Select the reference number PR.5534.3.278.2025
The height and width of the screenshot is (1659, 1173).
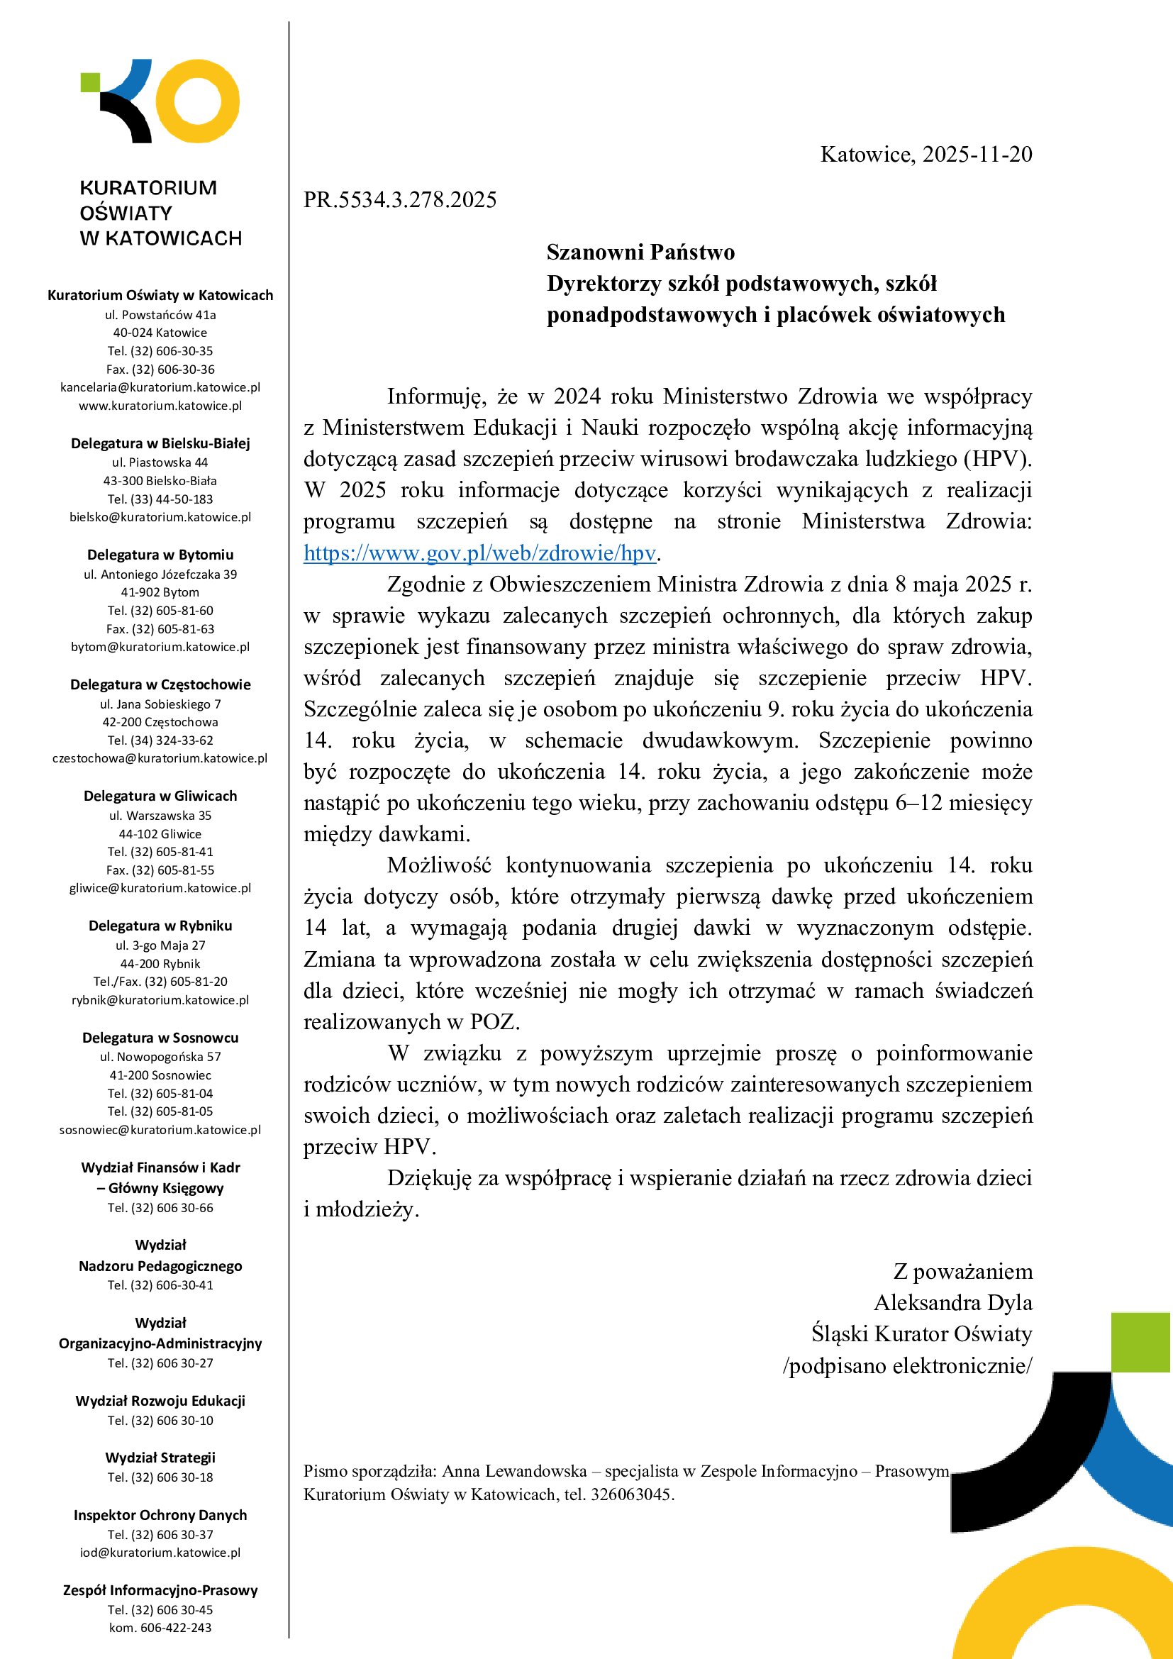[399, 200]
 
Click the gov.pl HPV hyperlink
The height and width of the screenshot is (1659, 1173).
[479, 553]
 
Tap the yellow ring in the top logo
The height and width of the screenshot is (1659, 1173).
[197, 101]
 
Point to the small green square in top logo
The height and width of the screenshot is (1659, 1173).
[89, 82]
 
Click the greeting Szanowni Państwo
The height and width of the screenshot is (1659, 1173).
[640, 253]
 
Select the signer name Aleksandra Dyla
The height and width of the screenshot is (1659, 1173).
[952, 1303]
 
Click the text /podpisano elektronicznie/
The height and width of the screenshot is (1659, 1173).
[907, 1365]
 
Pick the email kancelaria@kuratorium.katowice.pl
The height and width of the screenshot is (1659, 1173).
[160, 387]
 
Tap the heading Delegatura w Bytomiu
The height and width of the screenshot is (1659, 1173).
[160, 555]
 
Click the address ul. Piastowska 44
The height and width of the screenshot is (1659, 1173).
[160, 462]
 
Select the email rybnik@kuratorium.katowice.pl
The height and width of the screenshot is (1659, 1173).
[160, 1000]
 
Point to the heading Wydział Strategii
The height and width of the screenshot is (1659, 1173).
[160, 1458]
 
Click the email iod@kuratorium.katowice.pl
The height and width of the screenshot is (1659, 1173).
[160, 1552]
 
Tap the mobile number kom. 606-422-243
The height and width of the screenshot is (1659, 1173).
[160, 1628]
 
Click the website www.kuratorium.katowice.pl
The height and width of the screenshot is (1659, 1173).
[160, 406]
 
